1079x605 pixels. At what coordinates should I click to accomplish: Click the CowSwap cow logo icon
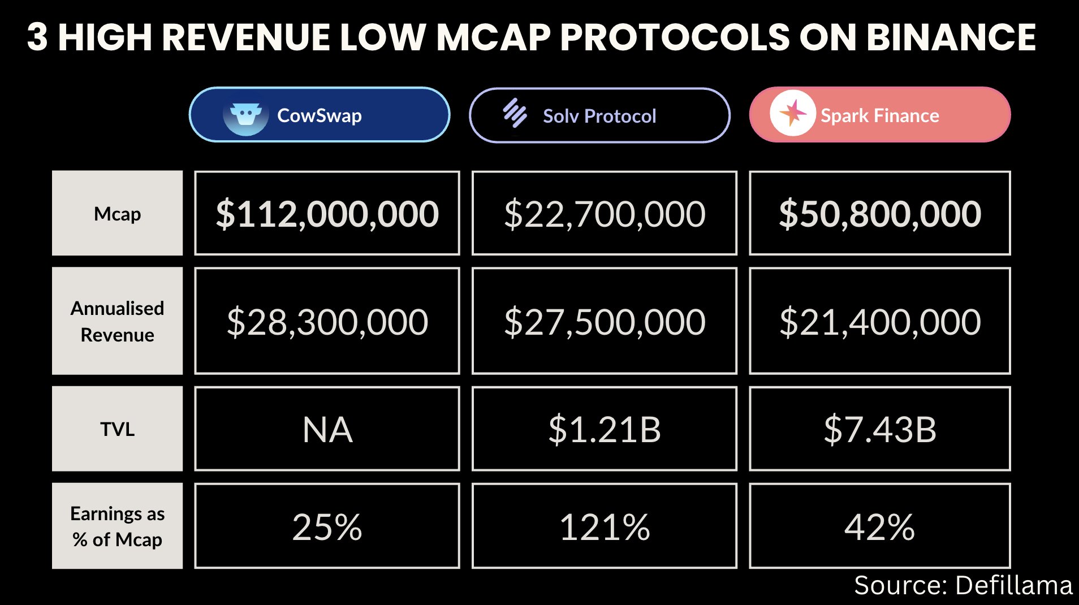point(245,117)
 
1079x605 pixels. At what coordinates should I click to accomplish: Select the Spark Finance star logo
point(792,113)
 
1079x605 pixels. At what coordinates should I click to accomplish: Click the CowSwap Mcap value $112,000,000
point(327,214)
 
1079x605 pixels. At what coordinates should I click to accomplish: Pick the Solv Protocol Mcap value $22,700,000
point(605,214)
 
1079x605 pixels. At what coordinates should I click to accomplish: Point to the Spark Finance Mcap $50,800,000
point(880,214)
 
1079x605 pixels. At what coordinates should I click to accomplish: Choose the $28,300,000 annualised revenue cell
point(327,321)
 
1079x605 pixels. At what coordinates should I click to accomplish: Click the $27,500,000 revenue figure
point(605,321)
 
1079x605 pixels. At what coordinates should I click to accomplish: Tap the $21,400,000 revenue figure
point(880,321)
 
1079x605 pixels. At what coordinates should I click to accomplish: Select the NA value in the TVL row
point(327,429)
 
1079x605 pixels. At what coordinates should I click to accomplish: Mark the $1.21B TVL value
point(605,429)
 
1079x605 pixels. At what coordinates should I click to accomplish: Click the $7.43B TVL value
point(880,429)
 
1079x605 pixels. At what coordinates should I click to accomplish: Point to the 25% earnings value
point(327,527)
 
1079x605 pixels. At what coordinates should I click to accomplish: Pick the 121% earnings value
point(605,527)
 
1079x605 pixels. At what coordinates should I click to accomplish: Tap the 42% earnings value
point(880,527)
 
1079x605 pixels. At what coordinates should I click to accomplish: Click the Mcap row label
point(118,214)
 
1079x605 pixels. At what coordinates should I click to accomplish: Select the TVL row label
point(118,429)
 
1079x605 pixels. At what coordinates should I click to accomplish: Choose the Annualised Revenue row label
point(118,321)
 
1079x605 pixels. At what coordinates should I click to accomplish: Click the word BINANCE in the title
point(951,37)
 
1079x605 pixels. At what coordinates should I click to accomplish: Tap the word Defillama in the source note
point(1014,585)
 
